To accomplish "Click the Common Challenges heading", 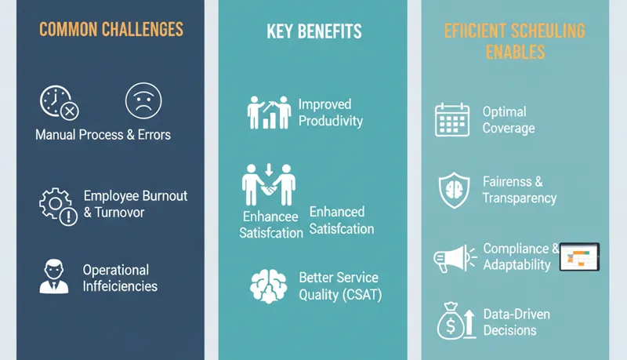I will pos(111,30).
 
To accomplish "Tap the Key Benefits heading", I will pos(313,31).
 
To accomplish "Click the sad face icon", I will pos(143,101).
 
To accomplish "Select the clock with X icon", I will pos(57,103).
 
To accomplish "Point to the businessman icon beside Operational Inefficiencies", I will pos(54,277).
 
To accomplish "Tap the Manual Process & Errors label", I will pos(103,134).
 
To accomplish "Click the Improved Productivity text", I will pos(330,112).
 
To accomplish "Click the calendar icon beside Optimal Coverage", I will pos(452,120).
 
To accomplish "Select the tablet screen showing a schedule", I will pos(579,256).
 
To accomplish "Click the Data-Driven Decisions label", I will pos(516,322).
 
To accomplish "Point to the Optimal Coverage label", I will pos(509,120).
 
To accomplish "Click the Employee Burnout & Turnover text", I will pos(135,203).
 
